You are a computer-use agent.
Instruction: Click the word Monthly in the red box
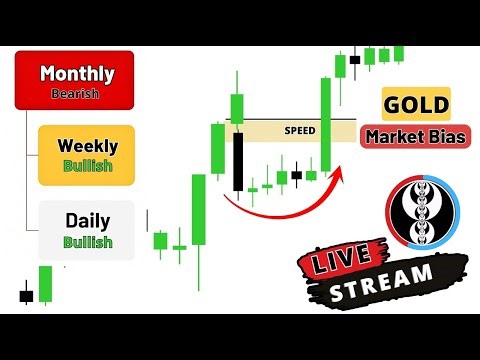point(77,73)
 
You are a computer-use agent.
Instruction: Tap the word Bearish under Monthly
point(77,93)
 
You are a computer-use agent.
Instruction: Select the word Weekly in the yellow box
point(86,145)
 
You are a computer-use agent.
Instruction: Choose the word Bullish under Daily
point(86,242)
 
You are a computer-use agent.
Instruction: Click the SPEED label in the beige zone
point(300,130)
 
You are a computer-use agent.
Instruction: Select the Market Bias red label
point(415,137)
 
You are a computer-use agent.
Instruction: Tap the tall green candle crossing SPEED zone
point(325,125)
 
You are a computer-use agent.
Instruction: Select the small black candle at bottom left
point(26,295)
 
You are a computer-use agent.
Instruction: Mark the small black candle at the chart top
point(355,57)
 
